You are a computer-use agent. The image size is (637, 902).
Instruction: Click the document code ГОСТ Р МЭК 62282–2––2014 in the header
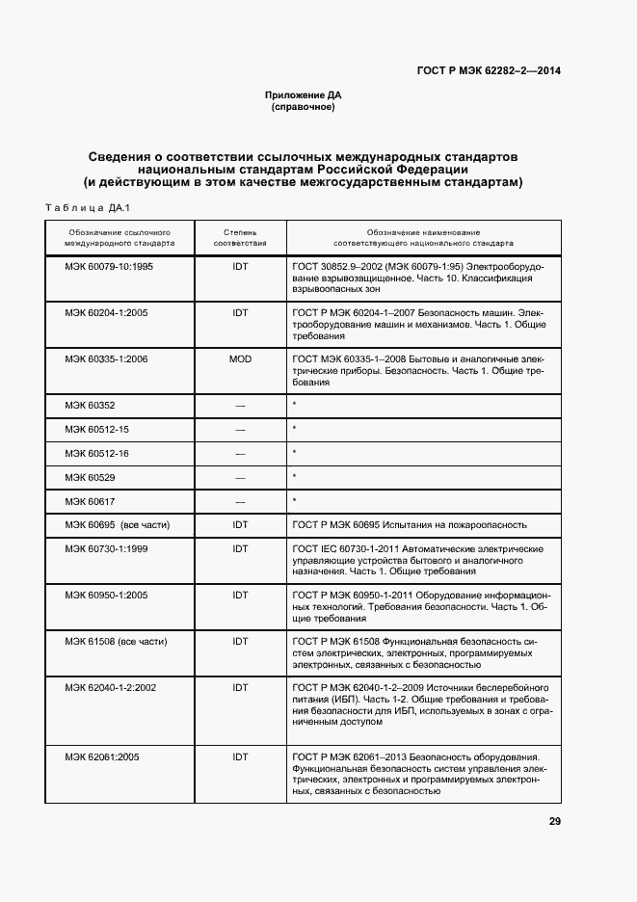[x=489, y=71]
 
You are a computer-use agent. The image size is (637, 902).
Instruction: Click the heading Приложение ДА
[x=304, y=95]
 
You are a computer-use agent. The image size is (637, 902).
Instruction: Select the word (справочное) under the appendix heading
[x=304, y=107]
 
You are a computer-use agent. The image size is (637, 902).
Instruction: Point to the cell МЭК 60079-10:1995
[x=109, y=266]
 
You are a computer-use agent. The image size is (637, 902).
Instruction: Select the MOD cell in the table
[x=240, y=358]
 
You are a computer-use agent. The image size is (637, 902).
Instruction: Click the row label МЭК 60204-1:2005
[x=106, y=312]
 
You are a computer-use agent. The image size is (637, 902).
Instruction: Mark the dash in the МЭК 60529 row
[x=240, y=477]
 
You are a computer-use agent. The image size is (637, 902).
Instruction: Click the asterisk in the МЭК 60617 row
[x=293, y=500]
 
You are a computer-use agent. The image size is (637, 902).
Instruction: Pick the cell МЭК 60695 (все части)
[x=117, y=524]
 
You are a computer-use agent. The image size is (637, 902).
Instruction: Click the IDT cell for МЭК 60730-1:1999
[x=240, y=548]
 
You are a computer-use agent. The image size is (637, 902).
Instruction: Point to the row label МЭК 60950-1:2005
[x=106, y=595]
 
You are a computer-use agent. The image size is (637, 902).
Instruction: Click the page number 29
[x=554, y=821]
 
